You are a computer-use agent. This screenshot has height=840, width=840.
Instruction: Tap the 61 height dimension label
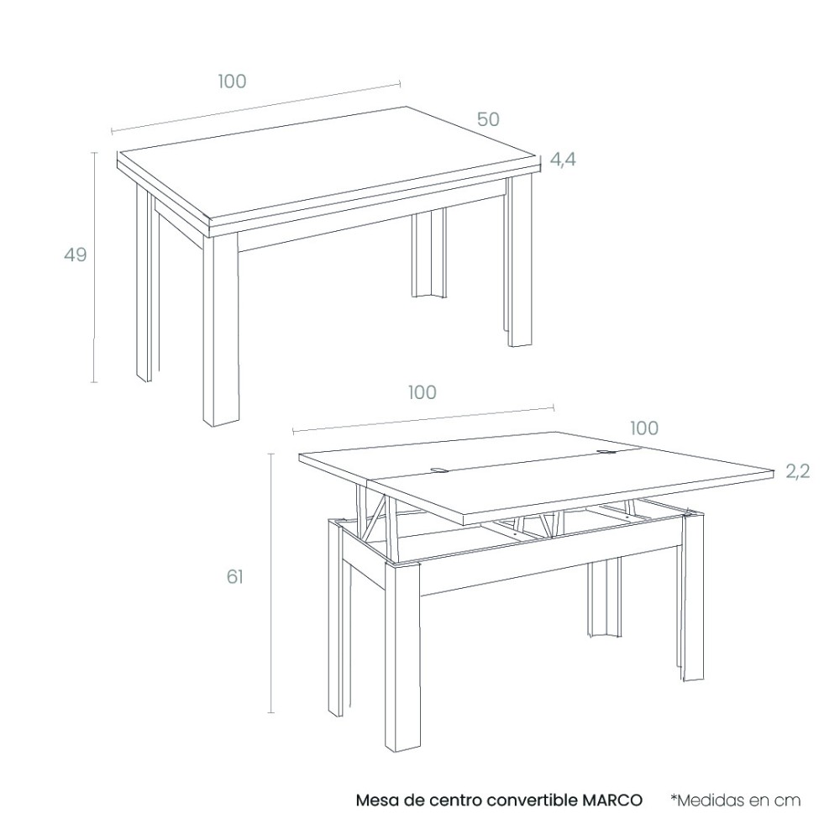[234, 576]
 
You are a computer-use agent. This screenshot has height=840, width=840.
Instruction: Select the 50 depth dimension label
[488, 119]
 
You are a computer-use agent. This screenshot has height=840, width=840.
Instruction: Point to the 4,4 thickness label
[563, 159]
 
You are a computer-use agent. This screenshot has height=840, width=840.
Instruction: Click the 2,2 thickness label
[798, 471]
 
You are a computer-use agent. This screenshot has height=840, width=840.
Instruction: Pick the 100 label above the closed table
[232, 81]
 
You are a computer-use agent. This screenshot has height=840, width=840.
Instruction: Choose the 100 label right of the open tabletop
[644, 428]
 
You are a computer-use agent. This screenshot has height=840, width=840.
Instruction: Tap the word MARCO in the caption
[612, 801]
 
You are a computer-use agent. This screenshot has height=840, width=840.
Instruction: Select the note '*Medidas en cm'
[736, 801]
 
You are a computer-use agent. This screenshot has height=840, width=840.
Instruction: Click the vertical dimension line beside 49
[95, 267]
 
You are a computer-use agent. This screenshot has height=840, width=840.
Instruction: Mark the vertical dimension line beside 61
[271, 583]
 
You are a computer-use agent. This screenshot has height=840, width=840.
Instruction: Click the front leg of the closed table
[221, 330]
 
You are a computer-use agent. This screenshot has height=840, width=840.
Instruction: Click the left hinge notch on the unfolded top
[439, 471]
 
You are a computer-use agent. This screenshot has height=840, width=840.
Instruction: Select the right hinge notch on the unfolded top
[607, 453]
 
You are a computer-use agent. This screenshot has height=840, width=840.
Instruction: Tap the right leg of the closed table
[518, 262]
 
